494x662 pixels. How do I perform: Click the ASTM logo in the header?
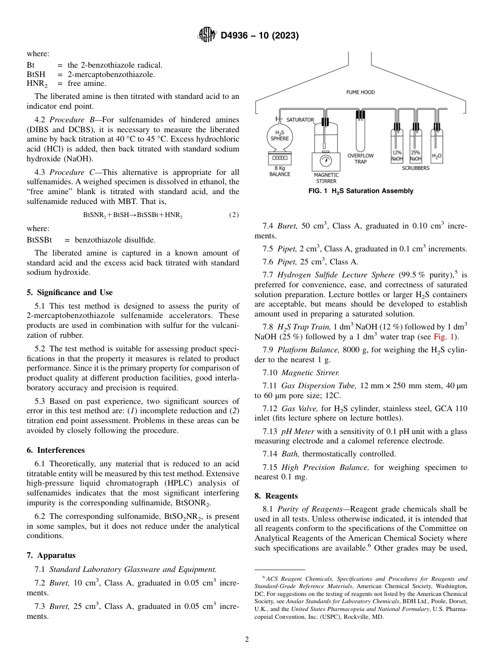pyautogui.click(x=207, y=35)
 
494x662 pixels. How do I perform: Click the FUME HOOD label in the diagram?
pyautogui.click(x=360, y=93)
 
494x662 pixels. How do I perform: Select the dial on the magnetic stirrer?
pyautogui.click(x=326, y=160)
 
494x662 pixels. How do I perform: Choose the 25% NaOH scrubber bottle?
pyautogui.click(x=415, y=148)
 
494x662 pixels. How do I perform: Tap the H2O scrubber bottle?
pyautogui.click(x=437, y=148)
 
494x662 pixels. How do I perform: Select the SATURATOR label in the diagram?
pyautogui.click(x=300, y=120)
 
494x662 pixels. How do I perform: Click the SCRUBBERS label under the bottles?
pyautogui.click(x=415, y=168)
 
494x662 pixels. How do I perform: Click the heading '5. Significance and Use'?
pyautogui.click(x=70, y=292)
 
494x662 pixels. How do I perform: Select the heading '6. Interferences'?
pyautogui.click(x=56, y=450)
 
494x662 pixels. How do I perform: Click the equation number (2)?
pyautogui.click(x=234, y=215)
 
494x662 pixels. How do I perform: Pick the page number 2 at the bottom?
pyautogui.click(x=247, y=640)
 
